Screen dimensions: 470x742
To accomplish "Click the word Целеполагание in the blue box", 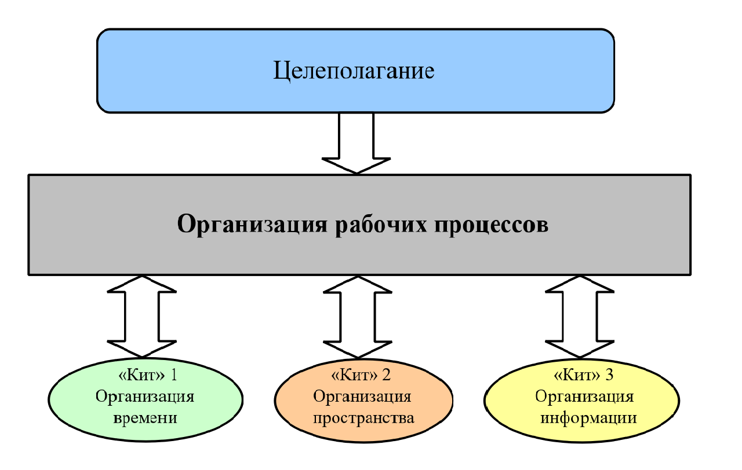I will [354, 71].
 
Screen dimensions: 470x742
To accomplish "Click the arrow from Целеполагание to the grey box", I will [356, 142].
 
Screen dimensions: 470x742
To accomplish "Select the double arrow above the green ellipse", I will [141, 315].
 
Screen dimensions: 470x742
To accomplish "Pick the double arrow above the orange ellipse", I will [356, 315].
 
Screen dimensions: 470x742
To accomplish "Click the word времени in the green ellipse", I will [145, 417].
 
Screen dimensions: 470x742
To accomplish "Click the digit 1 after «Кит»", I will [173, 376].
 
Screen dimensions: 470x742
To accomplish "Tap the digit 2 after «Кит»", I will [387, 376].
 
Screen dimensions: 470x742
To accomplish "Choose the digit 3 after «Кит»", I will [609, 376].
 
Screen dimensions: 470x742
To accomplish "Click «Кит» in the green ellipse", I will [140, 376].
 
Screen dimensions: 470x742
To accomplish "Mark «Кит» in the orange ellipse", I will [353, 376].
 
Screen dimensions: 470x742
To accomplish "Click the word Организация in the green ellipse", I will [145, 397].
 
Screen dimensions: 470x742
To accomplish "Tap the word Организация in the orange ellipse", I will [362, 397].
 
